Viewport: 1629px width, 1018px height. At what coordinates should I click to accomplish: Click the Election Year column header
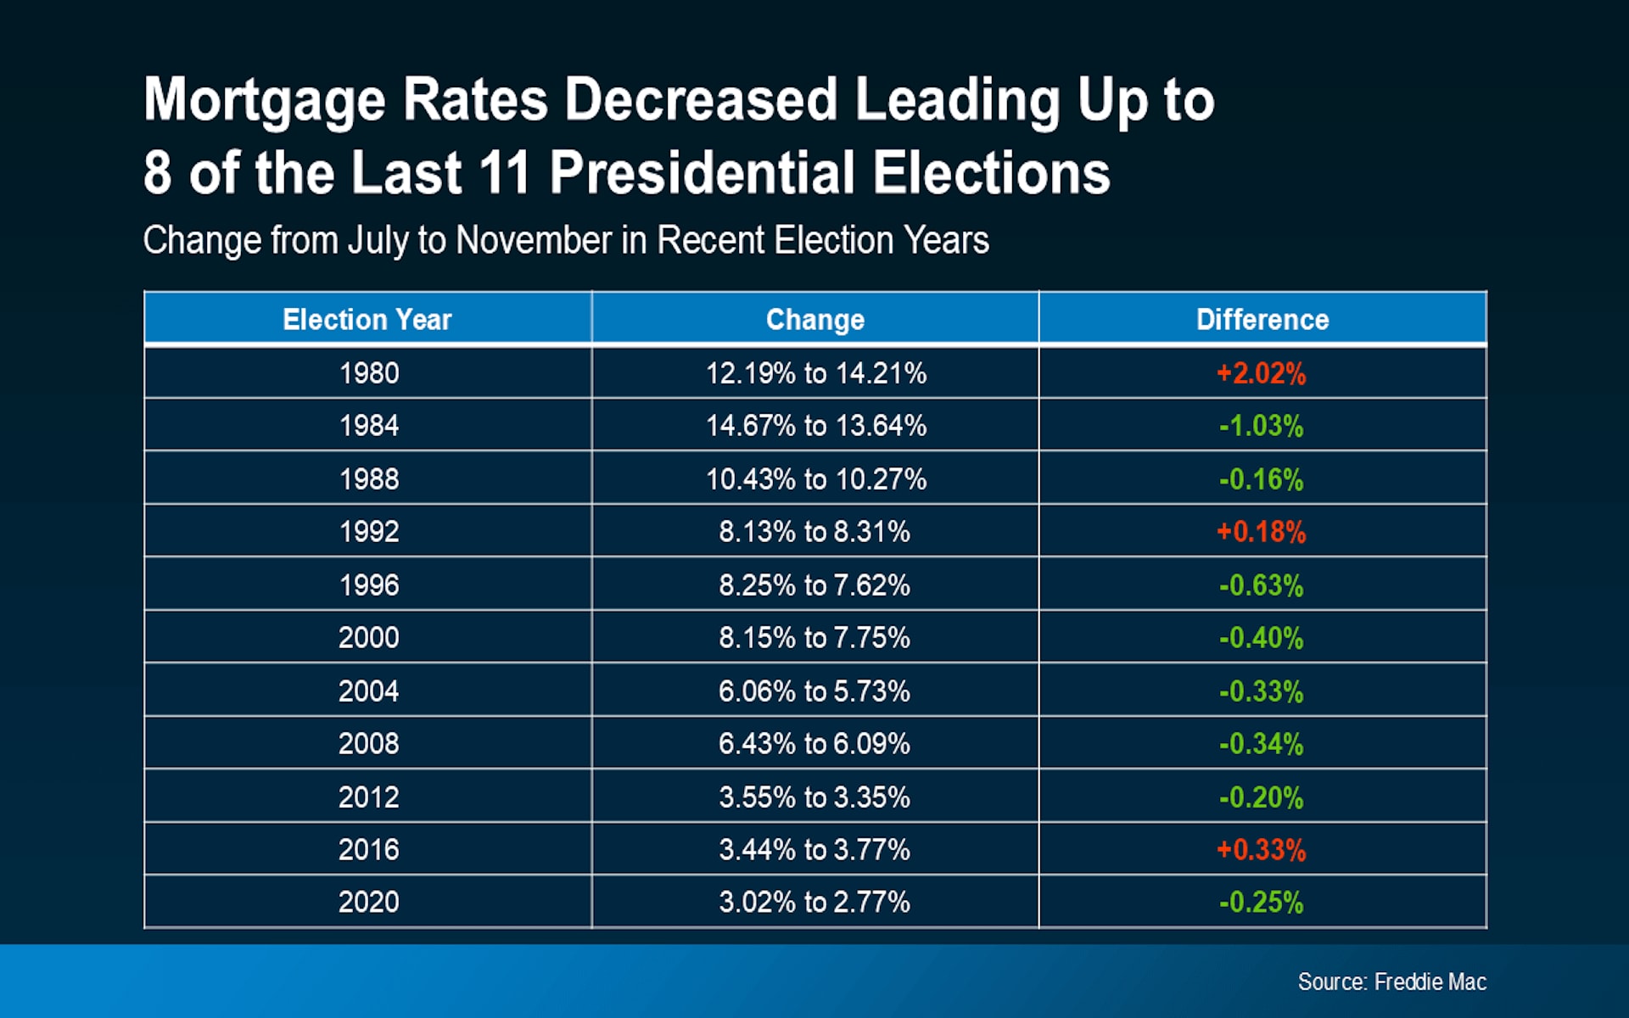pos(367,320)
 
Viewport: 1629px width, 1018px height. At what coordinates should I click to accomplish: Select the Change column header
pos(814,320)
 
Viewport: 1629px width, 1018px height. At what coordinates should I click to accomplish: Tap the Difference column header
pos(1262,320)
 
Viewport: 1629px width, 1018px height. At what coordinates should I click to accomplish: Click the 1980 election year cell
pos(368,373)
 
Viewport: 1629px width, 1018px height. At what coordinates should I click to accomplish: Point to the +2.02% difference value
pos(1261,373)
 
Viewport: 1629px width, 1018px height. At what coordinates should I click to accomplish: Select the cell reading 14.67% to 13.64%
pos(815,426)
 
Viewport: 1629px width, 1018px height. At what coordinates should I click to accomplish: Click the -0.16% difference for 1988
pos(1261,479)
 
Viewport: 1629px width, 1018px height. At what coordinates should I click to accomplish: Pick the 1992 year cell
pos(368,532)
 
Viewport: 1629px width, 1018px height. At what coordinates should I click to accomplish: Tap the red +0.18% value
pos(1261,532)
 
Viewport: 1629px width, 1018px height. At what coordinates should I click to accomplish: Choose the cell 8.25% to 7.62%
pos(814,585)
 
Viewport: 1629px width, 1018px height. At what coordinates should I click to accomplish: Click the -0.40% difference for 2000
pos(1261,638)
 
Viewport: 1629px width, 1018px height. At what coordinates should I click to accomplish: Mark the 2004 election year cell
pos(368,691)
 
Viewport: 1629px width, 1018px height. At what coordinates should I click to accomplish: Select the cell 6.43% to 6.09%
pos(814,744)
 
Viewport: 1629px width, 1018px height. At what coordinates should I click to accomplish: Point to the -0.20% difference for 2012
pos(1261,797)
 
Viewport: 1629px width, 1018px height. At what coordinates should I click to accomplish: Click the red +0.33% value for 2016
pos(1261,850)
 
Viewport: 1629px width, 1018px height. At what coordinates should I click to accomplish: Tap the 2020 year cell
pos(368,902)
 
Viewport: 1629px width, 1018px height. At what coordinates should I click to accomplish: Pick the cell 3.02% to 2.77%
pos(814,902)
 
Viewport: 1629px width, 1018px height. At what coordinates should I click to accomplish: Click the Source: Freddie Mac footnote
pos(1391,982)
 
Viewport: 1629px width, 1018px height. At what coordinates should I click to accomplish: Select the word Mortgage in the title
pos(264,101)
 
